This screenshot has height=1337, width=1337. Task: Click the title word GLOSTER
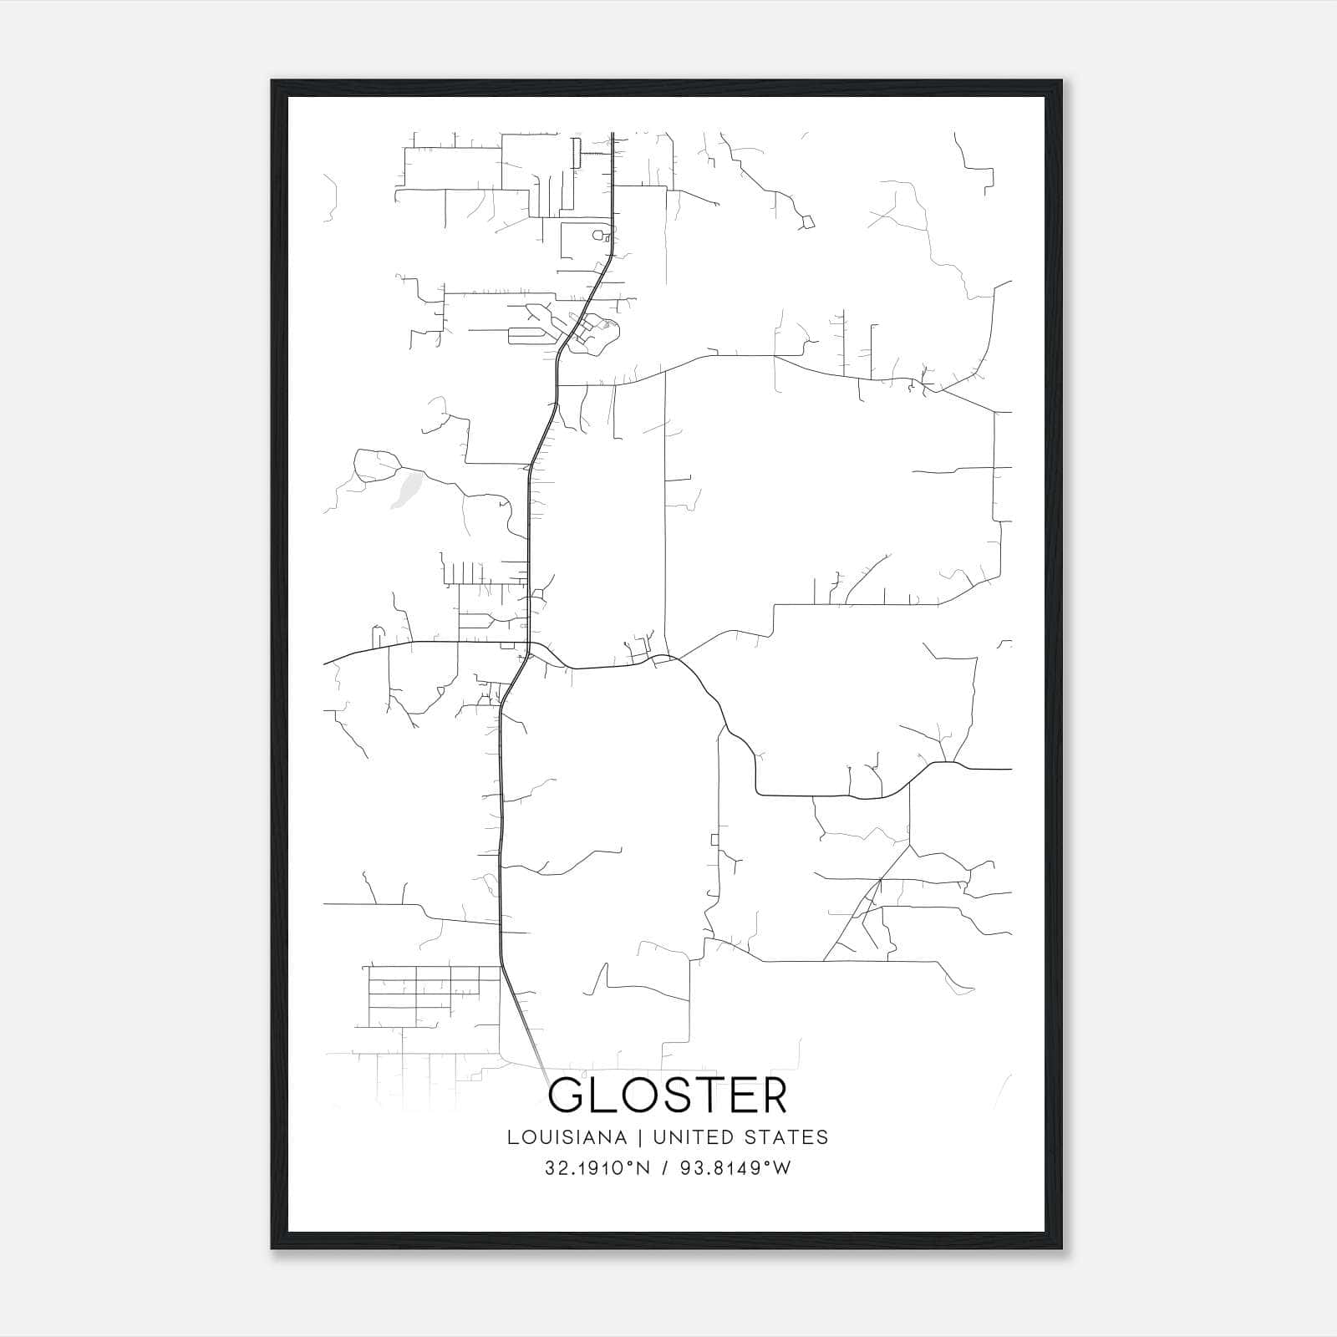point(668,1096)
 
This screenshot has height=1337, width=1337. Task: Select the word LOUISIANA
point(567,1137)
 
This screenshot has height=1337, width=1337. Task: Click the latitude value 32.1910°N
point(597,1168)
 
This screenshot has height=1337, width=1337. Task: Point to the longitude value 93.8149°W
point(736,1168)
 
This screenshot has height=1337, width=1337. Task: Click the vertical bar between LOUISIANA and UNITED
point(639,1137)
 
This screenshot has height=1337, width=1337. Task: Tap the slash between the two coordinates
point(665,1168)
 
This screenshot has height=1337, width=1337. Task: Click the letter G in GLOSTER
point(567,1096)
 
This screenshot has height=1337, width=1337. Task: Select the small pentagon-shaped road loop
point(808,222)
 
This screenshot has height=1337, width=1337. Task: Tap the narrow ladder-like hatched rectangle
point(576,154)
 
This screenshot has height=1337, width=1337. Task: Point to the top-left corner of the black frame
point(272,82)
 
